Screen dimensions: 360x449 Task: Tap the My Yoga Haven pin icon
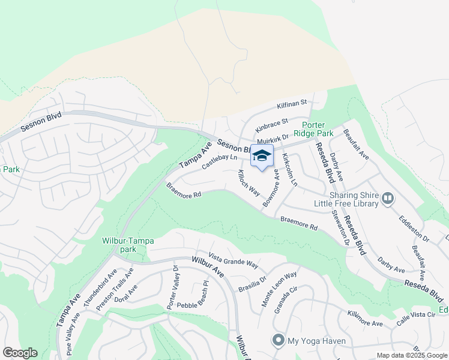coord(278,340)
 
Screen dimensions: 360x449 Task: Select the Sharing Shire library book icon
coord(387,198)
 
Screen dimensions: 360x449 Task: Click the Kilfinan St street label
coord(292,105)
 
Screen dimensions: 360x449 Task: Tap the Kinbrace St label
coord(272,125)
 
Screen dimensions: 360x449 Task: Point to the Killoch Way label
coord(248,182)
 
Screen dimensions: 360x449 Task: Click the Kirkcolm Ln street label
coord(289,170)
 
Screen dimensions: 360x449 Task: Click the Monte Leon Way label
coord(279,289)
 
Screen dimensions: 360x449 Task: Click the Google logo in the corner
coord(20,353)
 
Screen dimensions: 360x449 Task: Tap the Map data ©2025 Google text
coord(413,355)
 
